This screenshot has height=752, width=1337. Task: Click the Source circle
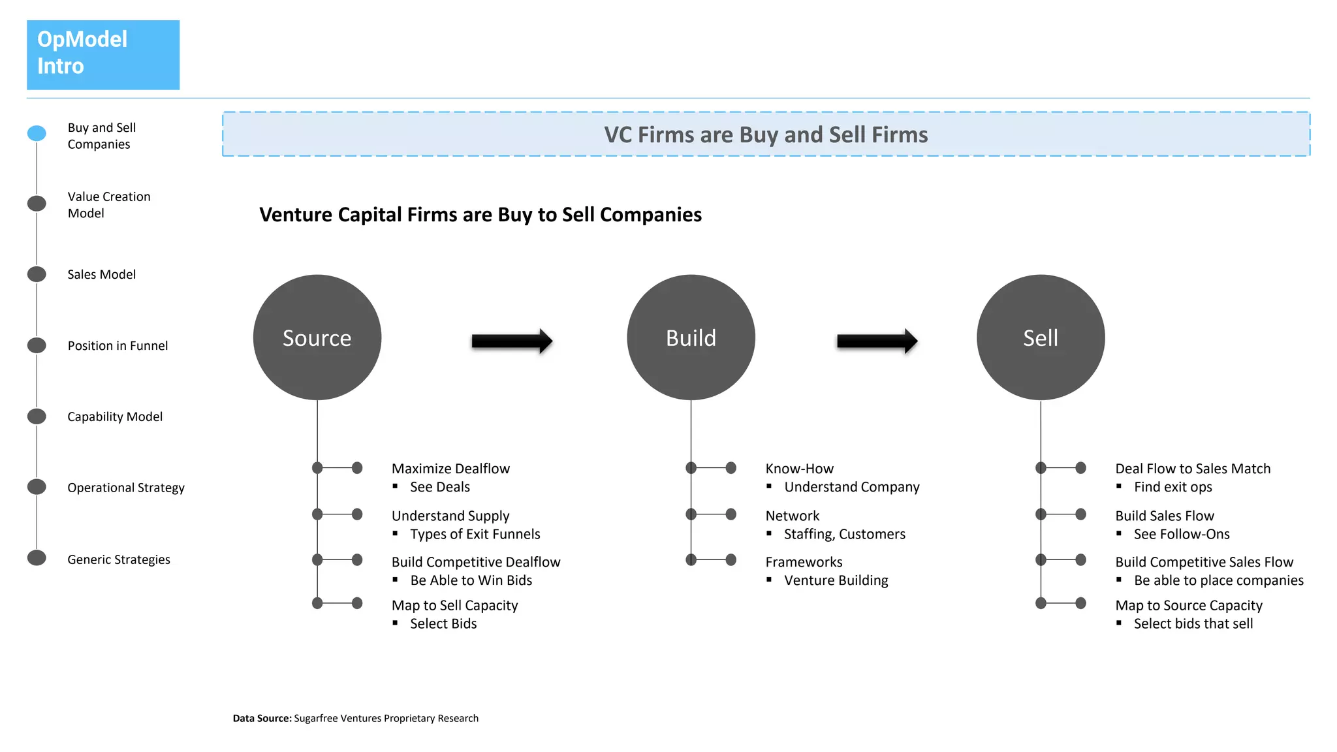(317, 337)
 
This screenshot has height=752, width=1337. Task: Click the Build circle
(691, 337)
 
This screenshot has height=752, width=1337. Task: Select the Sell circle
(1040, 337)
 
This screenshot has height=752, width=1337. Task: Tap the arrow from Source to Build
(512, 341)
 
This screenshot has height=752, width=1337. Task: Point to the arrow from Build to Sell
(877, 341)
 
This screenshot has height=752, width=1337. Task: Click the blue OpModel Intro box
(103, 55)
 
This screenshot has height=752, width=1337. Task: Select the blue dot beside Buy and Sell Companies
(37, 133)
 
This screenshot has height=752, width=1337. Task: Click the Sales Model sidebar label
(101, 274)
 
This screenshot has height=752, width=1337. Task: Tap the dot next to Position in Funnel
(37, 345)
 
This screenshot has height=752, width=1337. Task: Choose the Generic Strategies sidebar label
(118, 559)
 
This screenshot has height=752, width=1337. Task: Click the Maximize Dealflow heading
(450, 469)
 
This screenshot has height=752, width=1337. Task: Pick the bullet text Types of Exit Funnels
(475, 534)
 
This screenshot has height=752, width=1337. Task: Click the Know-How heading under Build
(799, 469)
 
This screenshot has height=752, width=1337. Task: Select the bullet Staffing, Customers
(844, 534)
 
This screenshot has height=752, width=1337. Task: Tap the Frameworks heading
(804, 562)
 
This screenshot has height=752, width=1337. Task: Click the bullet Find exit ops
(1172, 487)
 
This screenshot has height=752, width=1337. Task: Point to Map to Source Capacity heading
(1188, 605)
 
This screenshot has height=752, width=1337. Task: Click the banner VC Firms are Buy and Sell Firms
(766, 134)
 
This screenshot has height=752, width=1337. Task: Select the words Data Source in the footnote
(262, 718)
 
